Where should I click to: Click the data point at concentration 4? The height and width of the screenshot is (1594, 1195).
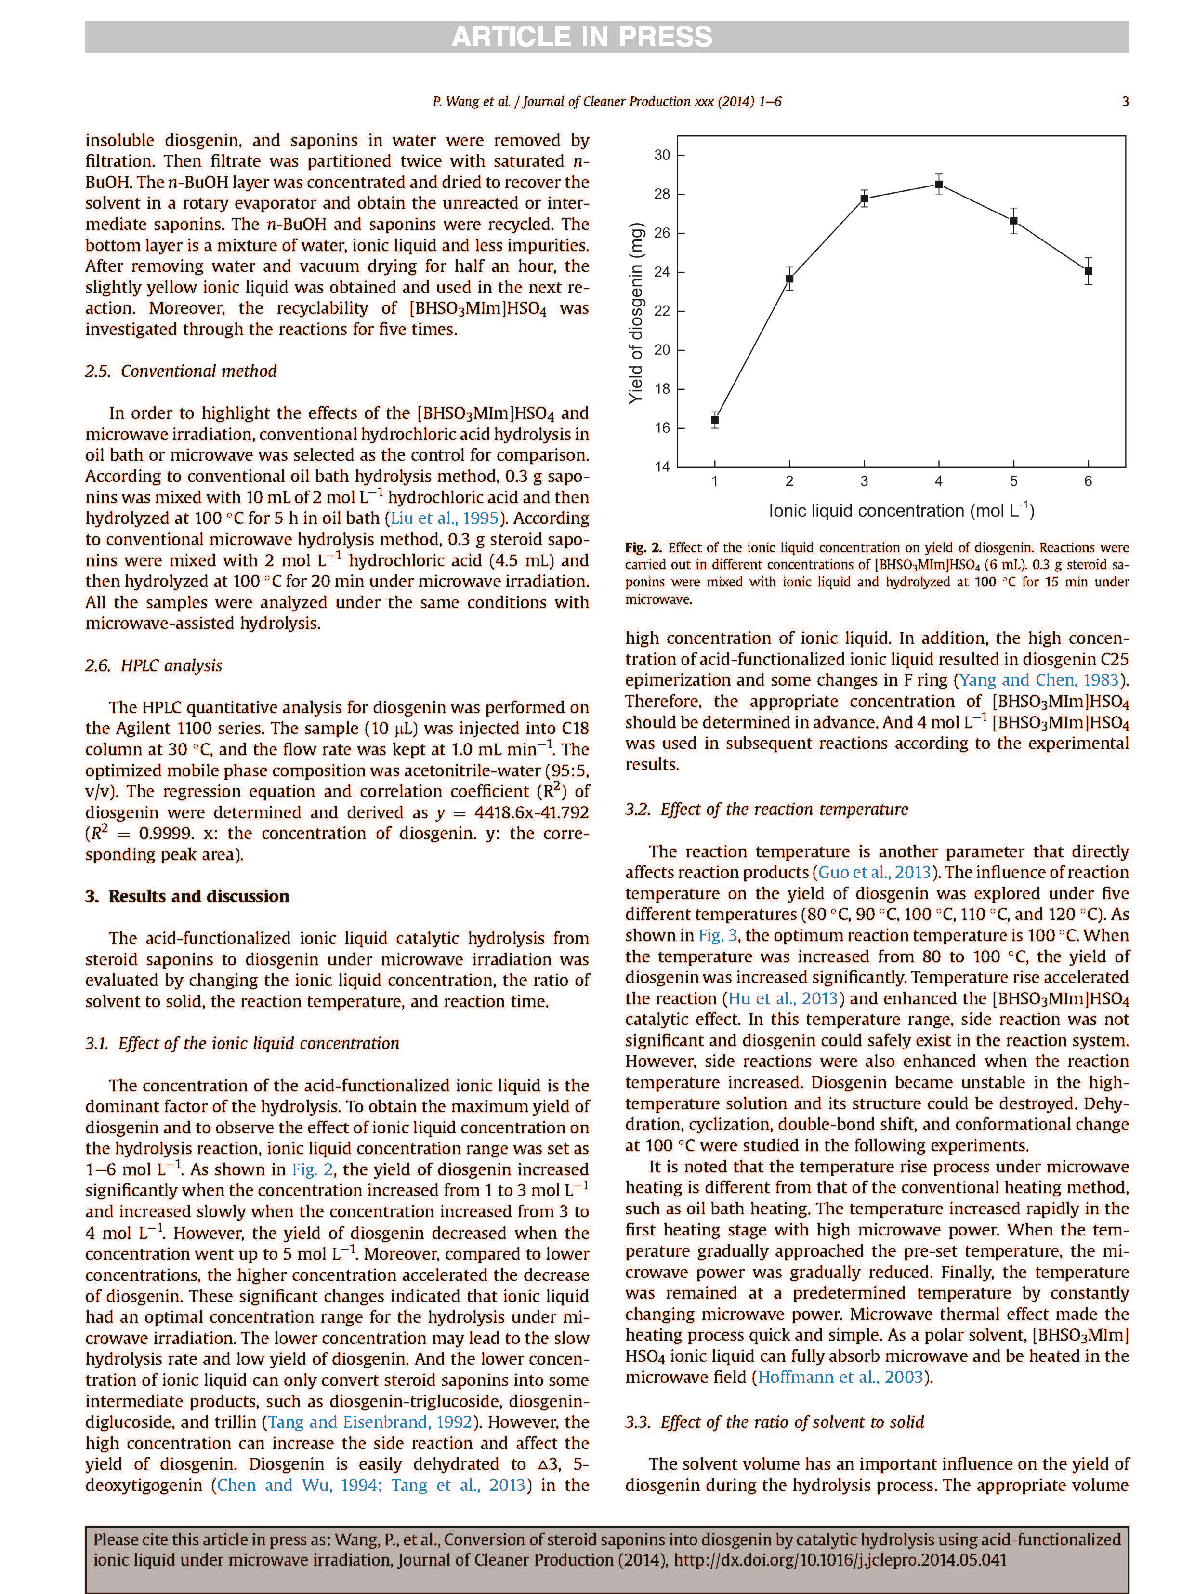point(939,185)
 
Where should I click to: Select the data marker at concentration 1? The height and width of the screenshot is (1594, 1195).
point(715,419)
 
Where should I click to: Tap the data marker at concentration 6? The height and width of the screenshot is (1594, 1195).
point(1088,271)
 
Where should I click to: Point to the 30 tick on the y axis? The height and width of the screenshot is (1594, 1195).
point(662,155)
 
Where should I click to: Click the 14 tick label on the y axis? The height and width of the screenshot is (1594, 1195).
point(662,467)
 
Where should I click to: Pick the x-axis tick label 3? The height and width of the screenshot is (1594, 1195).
point(864,481)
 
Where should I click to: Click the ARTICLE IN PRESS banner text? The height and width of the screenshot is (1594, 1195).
point(581,37)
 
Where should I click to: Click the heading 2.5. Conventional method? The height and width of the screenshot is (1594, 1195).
point(180,371)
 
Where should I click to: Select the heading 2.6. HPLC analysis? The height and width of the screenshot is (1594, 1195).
point(154,665)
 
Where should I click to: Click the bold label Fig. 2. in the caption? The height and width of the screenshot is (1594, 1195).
point(643,548)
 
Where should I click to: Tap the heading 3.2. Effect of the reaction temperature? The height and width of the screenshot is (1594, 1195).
point(766,809)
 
